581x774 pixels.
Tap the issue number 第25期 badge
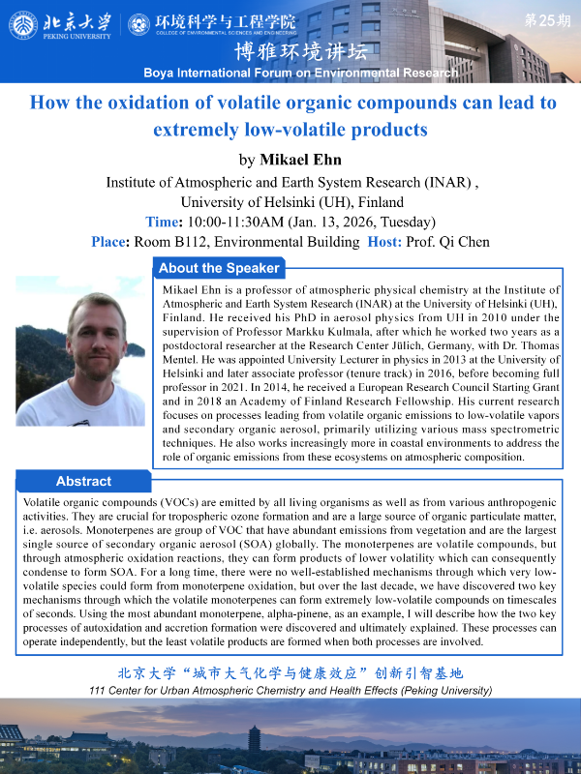coord(548,19)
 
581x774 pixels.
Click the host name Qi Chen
coord(466,242)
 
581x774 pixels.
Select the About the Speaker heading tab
coord(219,268)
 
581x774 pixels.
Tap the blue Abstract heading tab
coord(83,481)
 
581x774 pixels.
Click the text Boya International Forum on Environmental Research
coord(300,73)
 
